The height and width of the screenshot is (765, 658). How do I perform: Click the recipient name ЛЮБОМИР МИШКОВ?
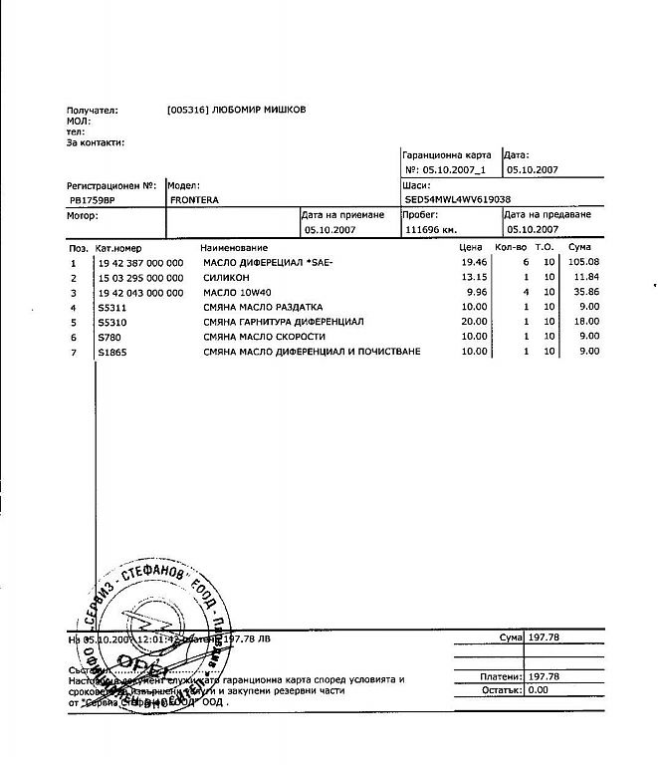coord(260,110)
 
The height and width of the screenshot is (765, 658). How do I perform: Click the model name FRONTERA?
coord(194,200)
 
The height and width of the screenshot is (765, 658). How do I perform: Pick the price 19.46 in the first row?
coord(475,262)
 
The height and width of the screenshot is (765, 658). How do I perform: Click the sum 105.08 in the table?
coord(583,262)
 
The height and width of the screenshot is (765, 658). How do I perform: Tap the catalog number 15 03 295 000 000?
coord(140,277)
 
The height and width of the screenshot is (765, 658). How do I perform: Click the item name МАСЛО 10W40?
coord(239,292)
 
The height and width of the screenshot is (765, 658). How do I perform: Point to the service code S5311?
coord(110,307)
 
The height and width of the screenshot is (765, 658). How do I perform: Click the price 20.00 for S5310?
coord(475,322)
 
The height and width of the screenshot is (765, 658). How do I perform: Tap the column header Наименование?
coord(234,247)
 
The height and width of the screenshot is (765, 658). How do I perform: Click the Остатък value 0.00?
coord(539,688)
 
